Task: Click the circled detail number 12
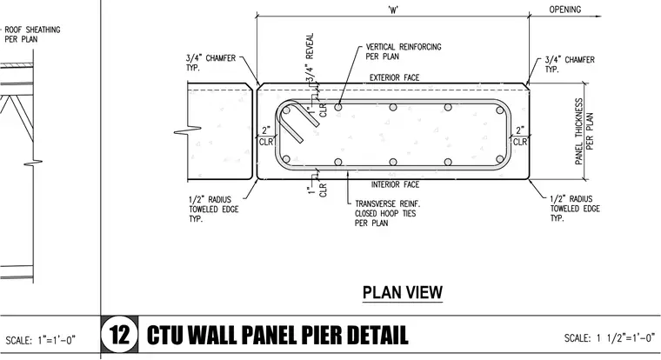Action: point(119,335)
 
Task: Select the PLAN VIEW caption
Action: point(403,292)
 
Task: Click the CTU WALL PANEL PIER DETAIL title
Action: point(277,336)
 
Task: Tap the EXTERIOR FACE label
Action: point(395,77)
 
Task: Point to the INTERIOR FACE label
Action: point(396,184)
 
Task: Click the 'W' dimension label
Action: point(393,10)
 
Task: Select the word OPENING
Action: point(564,10)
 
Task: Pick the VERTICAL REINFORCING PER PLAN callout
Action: point(404,51)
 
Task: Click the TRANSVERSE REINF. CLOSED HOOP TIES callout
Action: point(387,213)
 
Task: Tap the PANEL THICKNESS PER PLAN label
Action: point(584,131)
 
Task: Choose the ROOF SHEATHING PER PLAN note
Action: point(32,35)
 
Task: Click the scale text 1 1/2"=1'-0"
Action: point(625,337)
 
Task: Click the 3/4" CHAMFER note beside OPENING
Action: point(570,64)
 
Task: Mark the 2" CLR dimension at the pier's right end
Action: point(520,137)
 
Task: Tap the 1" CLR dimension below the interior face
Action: point(317,190)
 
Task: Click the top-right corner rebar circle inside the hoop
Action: point(500,110)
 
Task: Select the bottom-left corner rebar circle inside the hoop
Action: point(286,159)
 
